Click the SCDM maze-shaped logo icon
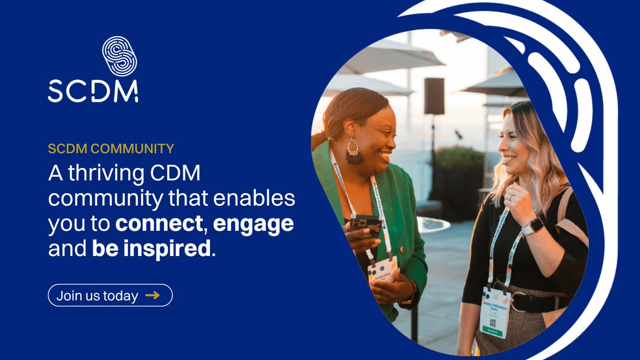coord(119,55)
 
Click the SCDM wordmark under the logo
coord(93,91)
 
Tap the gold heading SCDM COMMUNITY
coord(111,149)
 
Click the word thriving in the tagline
coord(114,174)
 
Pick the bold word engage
coord(253,223)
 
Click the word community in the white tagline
coord(105,199)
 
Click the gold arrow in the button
coord(152,295)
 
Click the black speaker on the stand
coord(434,96)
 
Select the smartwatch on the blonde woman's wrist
coord(532,226)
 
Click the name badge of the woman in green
coord(382,269)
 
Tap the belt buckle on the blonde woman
coord(516,302)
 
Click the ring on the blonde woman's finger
coord(509,197)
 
